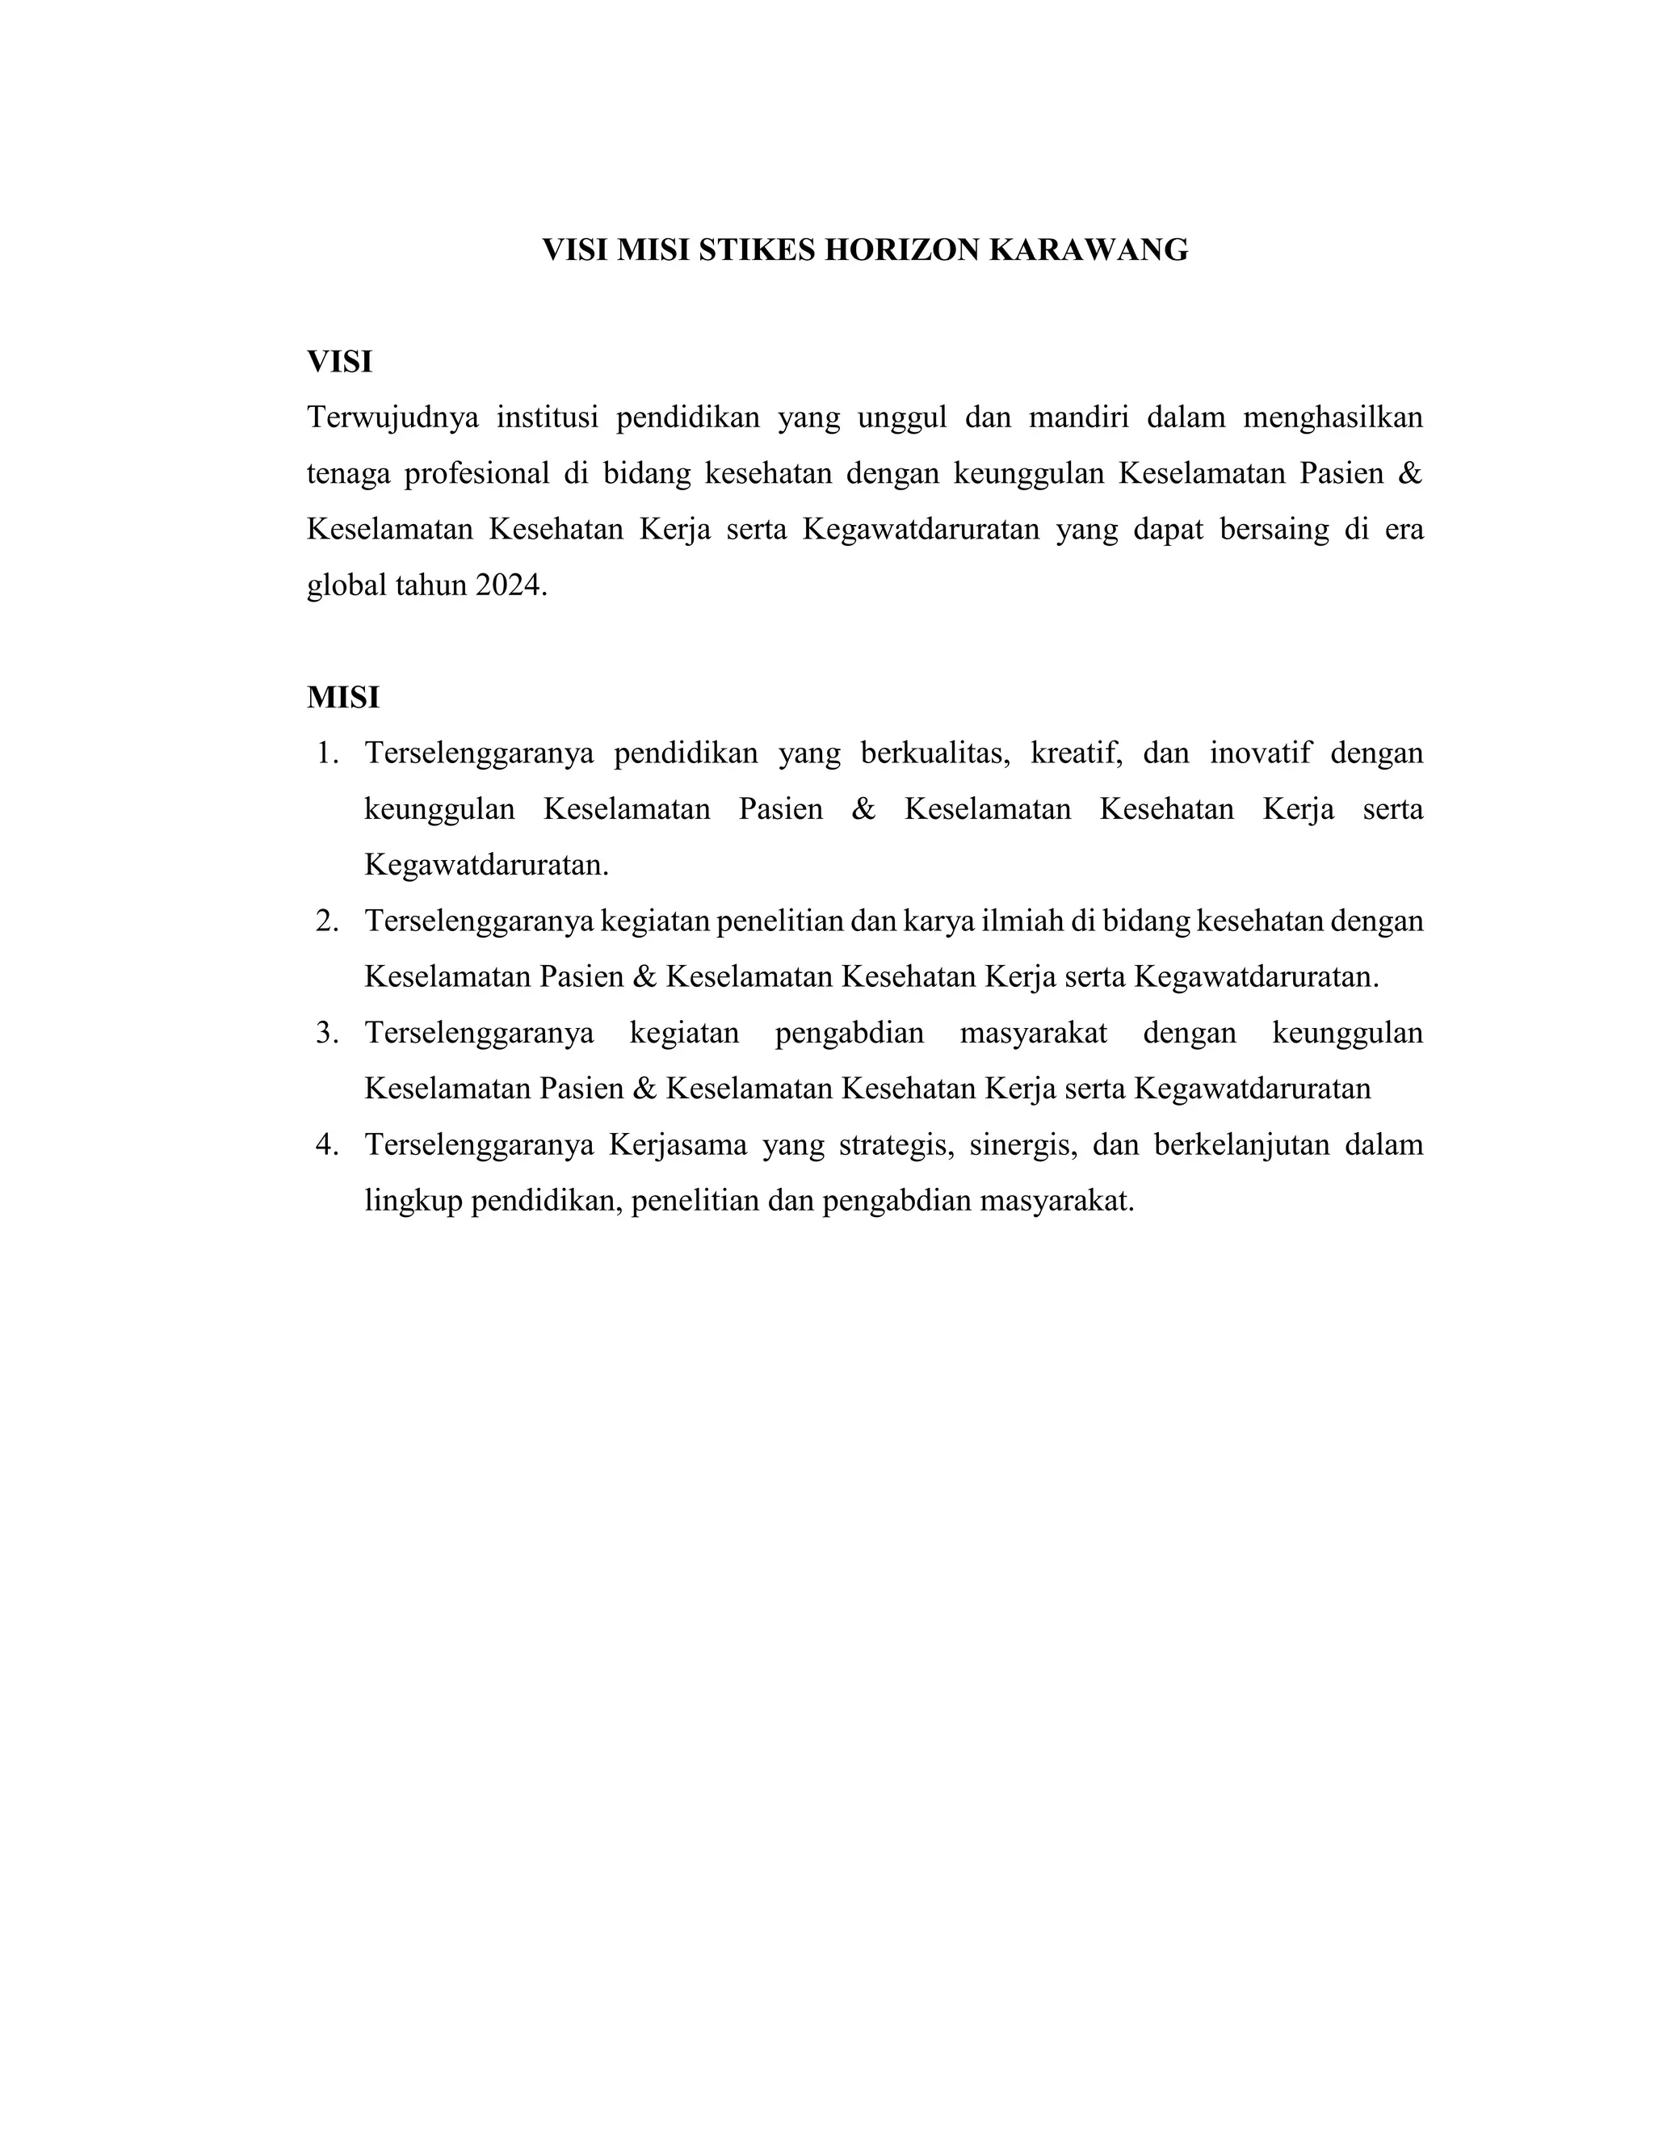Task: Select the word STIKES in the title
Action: coord(758,251)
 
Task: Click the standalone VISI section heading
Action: coord(339,363)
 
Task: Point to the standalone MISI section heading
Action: coord(343,698)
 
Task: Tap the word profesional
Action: coord(476,474)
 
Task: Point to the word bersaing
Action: coord(1274,530)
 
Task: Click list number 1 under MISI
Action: coord(327,754)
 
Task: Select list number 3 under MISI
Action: coord(327,1034)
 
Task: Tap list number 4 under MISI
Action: coord(327,1145)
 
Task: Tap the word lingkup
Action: coord(413,1202)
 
